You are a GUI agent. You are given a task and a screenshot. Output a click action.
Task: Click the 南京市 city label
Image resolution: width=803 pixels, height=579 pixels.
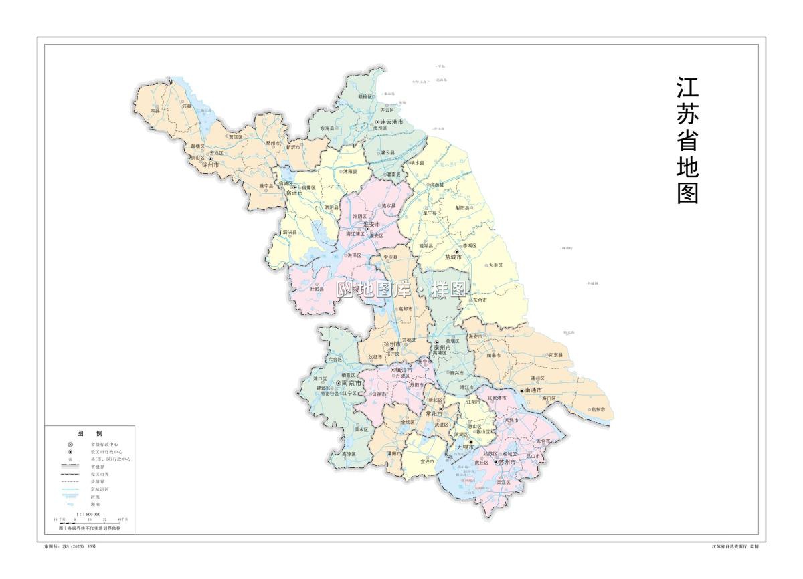coord(352,384)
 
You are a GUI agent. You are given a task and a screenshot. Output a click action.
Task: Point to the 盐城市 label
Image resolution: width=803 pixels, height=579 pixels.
coord(454,257)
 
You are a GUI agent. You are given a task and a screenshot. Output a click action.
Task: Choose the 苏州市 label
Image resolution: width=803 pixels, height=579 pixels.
coord(507,462)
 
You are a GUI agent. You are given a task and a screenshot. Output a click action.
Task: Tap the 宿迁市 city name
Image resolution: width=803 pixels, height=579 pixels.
coord(294,193)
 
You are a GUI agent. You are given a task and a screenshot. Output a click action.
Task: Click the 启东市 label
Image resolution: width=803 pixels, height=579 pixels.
coord(598,409)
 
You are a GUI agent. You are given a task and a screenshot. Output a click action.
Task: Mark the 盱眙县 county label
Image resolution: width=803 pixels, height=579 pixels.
coord(317,288)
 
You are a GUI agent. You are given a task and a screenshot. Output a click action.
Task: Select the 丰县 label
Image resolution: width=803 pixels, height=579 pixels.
coord(156,111)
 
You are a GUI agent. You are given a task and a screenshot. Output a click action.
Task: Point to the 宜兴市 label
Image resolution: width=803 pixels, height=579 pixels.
coord(427,461)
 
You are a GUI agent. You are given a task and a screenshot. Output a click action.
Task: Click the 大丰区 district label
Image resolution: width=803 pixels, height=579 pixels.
coord(495,265)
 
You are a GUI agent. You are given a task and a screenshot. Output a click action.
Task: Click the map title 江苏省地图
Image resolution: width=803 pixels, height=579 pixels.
coord(687,140)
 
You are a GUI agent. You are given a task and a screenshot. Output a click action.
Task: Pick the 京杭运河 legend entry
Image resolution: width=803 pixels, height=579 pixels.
coord(100,489)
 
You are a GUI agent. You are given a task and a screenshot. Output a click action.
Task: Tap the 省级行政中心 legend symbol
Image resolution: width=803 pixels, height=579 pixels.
coord(70,444)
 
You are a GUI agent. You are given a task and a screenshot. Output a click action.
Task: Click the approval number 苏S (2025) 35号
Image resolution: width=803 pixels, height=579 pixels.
coord(70,546)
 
